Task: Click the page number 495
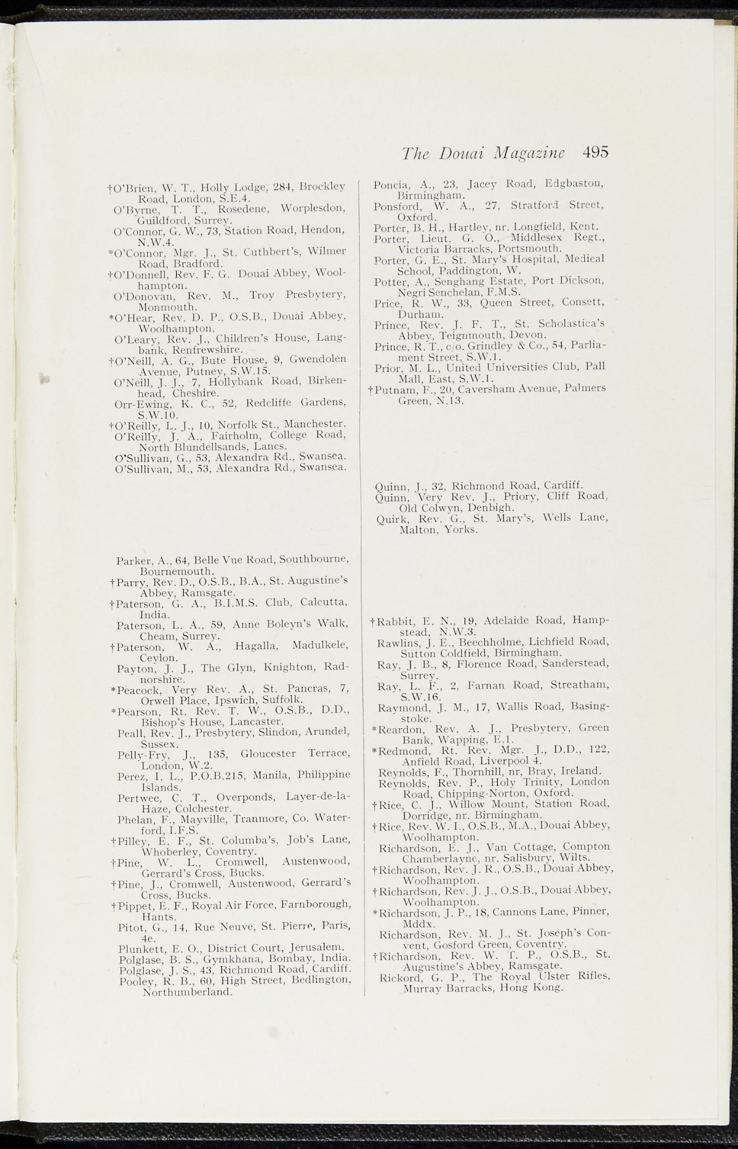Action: [595, 153]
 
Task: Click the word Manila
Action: [267, 776]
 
